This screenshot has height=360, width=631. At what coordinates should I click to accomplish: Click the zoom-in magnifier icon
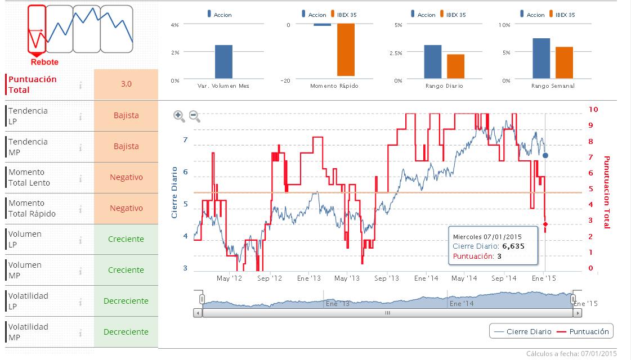coord(179,116)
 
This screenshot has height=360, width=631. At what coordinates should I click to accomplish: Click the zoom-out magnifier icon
coord(194,116)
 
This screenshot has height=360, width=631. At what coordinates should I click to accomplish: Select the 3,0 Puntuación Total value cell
coord(126,84)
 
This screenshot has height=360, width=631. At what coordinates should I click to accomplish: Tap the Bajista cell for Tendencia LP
coord(126,115)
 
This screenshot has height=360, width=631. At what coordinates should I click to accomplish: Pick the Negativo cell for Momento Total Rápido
coord(126,208)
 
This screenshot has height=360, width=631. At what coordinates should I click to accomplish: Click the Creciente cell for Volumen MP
coord(126,270)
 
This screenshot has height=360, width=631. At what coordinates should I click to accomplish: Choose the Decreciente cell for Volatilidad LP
coord(126,301)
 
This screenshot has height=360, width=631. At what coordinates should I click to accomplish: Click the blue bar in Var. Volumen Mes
coord(223,62)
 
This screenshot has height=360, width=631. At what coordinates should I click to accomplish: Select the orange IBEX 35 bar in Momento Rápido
coord(346,50)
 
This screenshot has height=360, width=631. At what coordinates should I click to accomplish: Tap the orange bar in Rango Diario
coord(455,66)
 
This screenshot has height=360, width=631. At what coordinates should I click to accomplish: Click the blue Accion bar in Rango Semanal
coord(541,58)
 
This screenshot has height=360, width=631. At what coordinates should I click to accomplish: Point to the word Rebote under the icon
coord(44,62)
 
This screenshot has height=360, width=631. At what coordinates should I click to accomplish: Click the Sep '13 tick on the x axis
coord(387,278)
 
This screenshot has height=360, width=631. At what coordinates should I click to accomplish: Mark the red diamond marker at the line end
coord(545,224)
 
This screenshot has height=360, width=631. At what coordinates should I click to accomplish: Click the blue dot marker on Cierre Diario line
coord(545,155)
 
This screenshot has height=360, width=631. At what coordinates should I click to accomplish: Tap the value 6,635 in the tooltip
coord(513,246)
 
